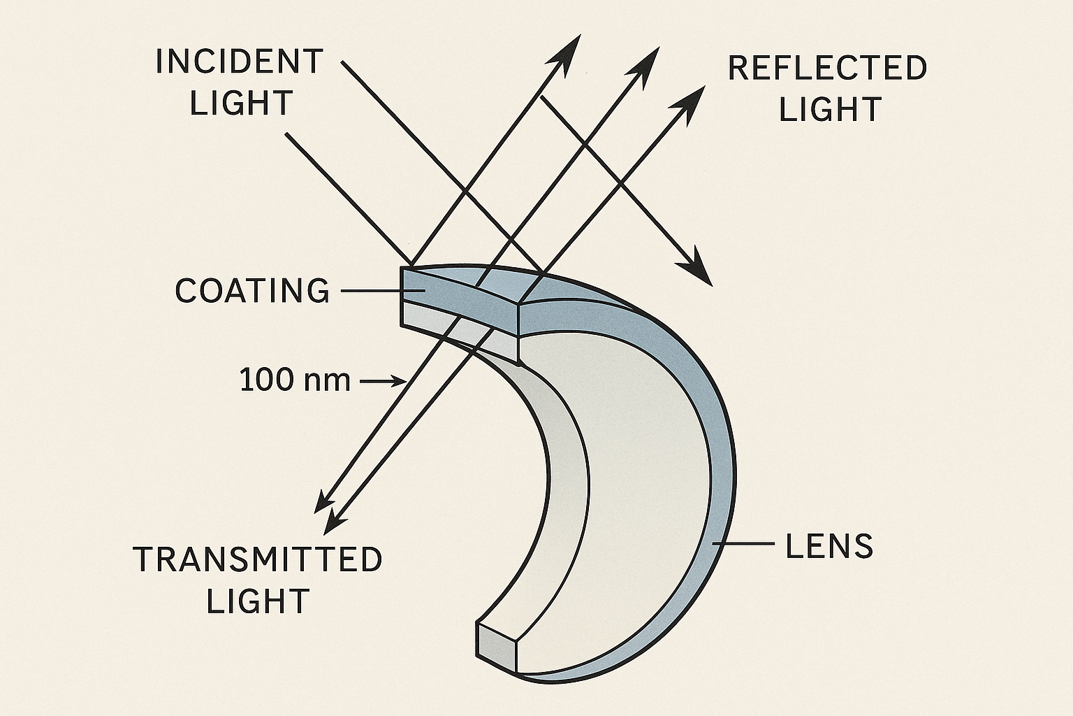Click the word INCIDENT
(x=239, y=62)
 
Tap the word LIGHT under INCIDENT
(x=241, y=103)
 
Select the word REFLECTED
(x=827, y=69)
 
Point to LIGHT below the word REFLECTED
(x=830, y=110)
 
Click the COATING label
(x=252, y=291)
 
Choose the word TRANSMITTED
(x=258, y=559)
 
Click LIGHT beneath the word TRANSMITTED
(x=258, y=601)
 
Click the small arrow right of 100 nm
(x=384, y=381)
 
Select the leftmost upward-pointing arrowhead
(x=569, y=50)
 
